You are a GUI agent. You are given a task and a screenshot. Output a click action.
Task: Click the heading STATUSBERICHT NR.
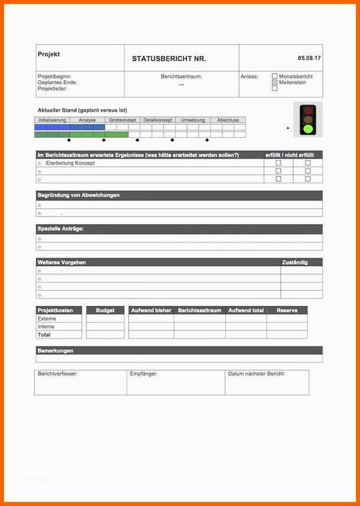pos(169,59)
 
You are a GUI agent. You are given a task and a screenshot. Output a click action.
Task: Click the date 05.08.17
pos(309,58)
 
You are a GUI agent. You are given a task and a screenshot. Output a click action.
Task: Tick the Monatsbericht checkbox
pos(274,76)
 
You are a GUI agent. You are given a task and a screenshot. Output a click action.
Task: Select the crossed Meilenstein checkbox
pos(274,83)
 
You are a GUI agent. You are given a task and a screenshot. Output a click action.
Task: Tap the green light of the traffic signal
pos(307,128)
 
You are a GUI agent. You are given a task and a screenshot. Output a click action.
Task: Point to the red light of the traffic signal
pos(307,110)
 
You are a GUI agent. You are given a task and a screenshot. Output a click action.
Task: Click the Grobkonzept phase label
pos(122,120)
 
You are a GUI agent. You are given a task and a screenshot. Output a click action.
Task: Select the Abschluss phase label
pos(228,120)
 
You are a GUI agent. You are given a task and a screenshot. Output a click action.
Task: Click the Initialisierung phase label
pos(52,120)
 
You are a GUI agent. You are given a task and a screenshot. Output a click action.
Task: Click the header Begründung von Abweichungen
pos(79,195)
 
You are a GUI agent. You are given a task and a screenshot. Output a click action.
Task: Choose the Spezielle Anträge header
pos(61,229)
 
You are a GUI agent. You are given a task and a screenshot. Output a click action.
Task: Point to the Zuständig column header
pos(294,262)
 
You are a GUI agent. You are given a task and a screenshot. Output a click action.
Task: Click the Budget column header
pos(105,310)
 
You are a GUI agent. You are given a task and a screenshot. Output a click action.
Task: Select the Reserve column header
pos(287,310)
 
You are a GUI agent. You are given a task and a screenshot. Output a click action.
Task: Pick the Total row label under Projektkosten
pos(44,335)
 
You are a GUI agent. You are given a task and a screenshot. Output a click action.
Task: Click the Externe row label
pos(47,318)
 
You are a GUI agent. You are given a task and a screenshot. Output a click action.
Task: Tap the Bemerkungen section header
pos(56,351)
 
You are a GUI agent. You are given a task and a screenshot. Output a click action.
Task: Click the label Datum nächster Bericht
pos(257,374)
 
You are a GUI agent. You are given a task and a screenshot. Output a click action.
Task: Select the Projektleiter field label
pos(53,89)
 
